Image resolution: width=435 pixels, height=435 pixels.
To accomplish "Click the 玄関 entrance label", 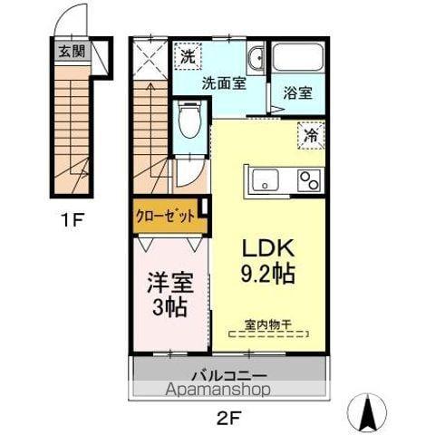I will tap(72, 51).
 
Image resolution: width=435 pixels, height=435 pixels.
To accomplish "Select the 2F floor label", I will tap(228, 418).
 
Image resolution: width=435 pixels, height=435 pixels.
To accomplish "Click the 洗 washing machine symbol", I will tap(186, 56).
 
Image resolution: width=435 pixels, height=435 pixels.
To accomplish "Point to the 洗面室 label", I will tap(222, 82).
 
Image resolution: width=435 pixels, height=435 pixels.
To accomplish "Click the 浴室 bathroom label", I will tap(297, 92).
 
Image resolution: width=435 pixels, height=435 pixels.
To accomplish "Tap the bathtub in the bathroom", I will tap(298, 62).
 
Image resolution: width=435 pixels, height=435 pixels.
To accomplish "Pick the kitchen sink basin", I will tap(265, 178).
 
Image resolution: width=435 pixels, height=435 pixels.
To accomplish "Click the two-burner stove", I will tap(309, 179).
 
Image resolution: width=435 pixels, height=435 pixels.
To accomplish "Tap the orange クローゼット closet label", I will tap(165, 216).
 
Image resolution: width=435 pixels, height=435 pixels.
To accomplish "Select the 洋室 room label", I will tap(169, 283).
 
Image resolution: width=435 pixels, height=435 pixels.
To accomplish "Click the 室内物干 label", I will tap(267, 324).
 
